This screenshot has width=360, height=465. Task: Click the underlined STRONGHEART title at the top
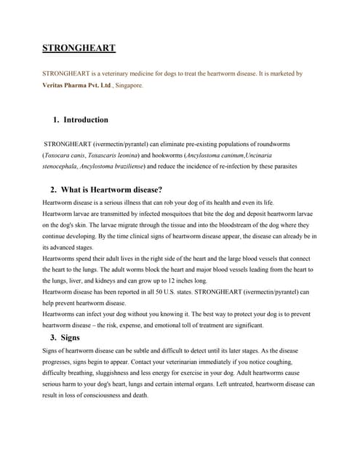79,49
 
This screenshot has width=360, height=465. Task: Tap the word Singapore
129,85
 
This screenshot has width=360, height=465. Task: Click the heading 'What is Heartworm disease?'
105,190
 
